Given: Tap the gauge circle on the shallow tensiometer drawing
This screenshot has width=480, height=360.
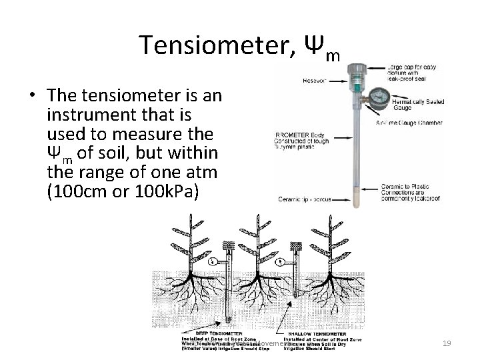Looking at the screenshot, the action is [x=280, y=262].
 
